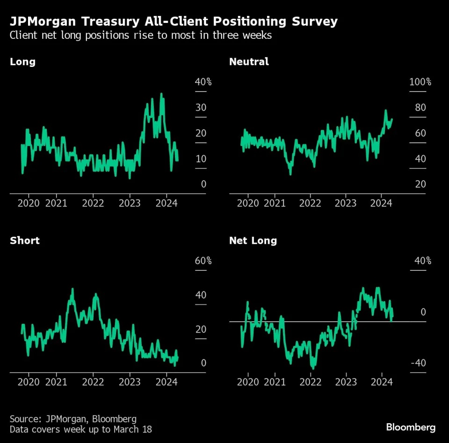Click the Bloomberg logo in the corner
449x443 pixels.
click(410, 427)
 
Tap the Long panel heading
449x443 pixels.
click(22, 62)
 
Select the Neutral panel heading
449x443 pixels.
click(249, 62)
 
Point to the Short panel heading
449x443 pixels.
click(25, 240)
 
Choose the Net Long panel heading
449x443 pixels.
click(253, 240)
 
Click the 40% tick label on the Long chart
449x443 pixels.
click(203, 82)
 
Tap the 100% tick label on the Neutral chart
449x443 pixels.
click(420, 82)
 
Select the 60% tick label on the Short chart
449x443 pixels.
click(203, 261)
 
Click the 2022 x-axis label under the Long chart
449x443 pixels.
click(93, 203)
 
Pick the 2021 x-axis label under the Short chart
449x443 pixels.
click(56, 382)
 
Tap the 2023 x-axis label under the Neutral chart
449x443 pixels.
click(346, 203)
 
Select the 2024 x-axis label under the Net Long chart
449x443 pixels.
click(381, 382)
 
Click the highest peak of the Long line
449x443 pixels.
click(161, 94)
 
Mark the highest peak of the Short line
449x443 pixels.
click(72, 289)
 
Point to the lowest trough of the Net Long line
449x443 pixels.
click(313, 368)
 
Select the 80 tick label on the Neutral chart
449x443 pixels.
click(420, 108)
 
